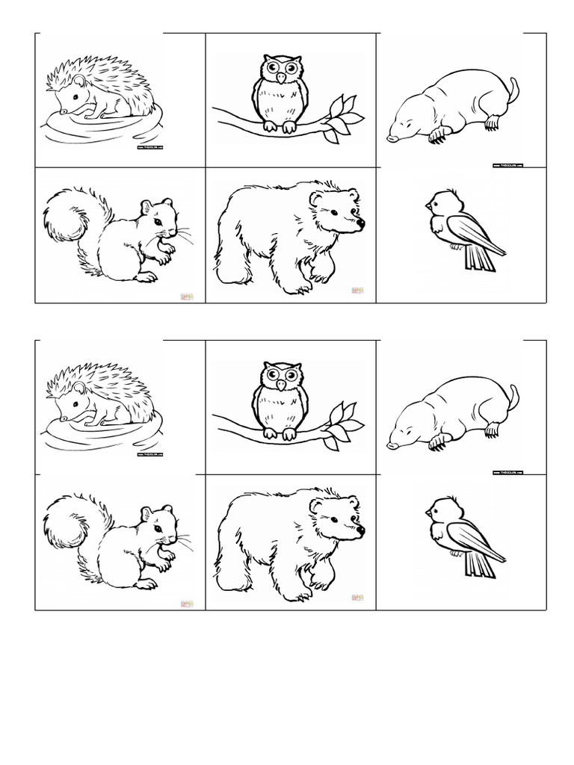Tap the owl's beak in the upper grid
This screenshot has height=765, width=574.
point(280,77)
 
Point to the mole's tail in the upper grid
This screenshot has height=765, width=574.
point(513,89)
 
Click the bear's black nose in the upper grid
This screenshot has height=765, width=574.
point(360,222)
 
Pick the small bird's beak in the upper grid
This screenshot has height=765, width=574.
point(427,205)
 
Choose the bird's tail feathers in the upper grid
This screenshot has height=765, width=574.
point(475,258)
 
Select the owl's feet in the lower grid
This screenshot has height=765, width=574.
point(280,434)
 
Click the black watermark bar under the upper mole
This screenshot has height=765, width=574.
point(507,165)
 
